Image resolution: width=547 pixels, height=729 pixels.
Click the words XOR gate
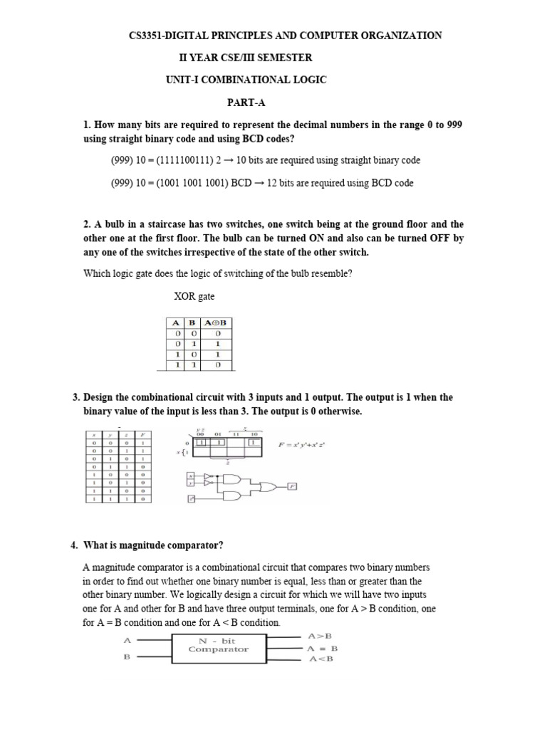(194, 295)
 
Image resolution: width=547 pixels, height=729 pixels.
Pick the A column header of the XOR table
(175, 323)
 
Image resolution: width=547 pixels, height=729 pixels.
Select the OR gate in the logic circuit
(271, 486)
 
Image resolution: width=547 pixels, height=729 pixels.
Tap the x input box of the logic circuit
(190, 474)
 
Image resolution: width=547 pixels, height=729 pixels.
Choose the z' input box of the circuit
(190, 499)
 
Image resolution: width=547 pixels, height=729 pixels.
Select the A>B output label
(320, 635)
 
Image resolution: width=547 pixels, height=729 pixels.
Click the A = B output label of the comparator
(323, 648)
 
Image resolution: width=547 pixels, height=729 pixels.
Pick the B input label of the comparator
(127, 658)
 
